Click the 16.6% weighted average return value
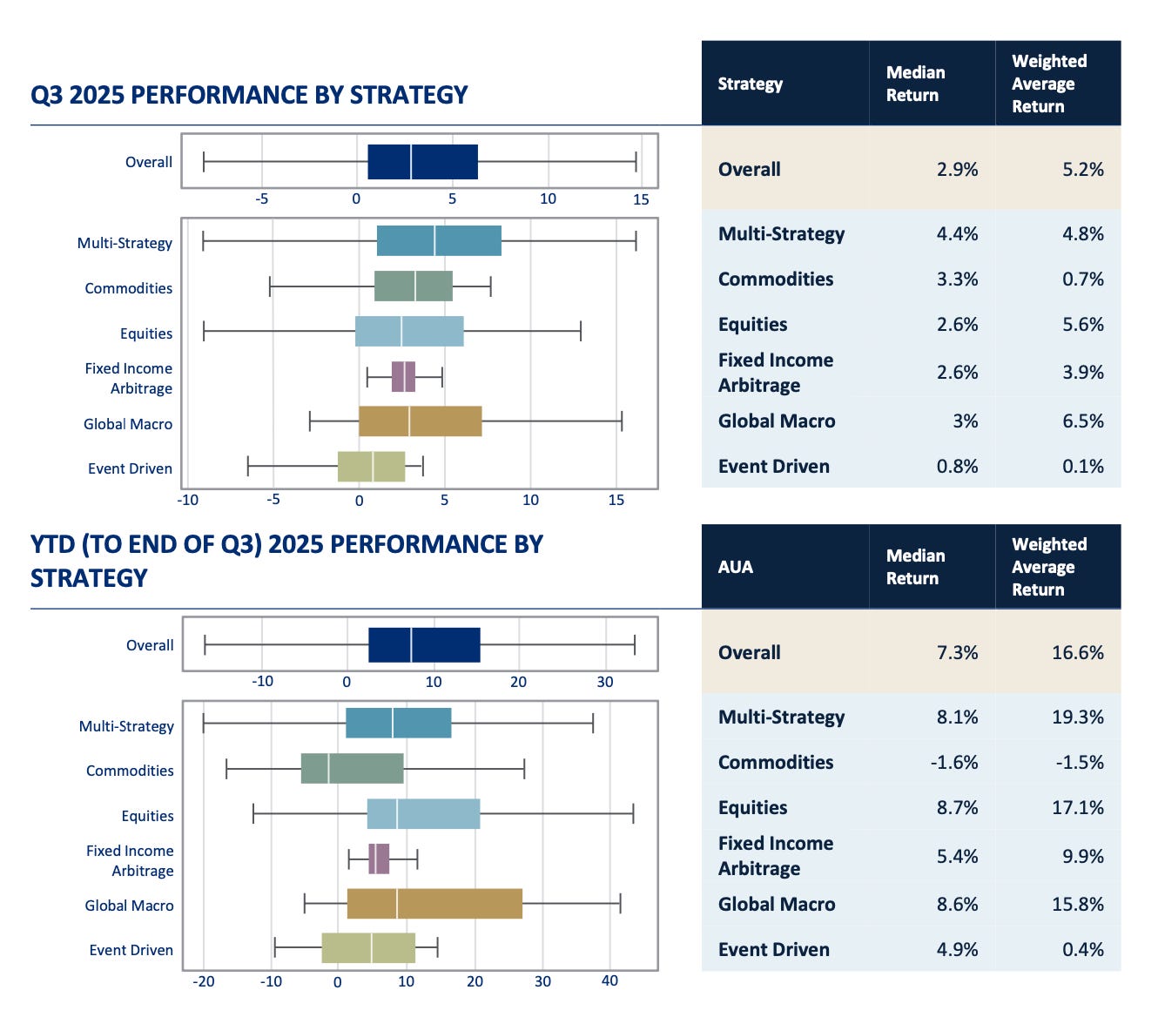1077,653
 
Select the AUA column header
735,567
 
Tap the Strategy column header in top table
750,84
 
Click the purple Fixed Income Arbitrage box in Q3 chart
403,377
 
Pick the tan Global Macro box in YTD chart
434,904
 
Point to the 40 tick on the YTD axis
609,981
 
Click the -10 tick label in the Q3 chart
188,501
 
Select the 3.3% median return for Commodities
957,280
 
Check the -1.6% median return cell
954,763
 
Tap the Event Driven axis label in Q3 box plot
130,468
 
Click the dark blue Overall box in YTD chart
424,645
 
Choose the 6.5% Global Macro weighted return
1082,421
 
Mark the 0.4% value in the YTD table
1082,950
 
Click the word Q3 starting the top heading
47,95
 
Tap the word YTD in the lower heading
52,545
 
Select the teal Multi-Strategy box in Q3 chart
439,241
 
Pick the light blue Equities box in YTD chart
423,814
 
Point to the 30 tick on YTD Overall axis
605,682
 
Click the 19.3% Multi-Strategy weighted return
1077,717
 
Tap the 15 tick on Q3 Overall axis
641,199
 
